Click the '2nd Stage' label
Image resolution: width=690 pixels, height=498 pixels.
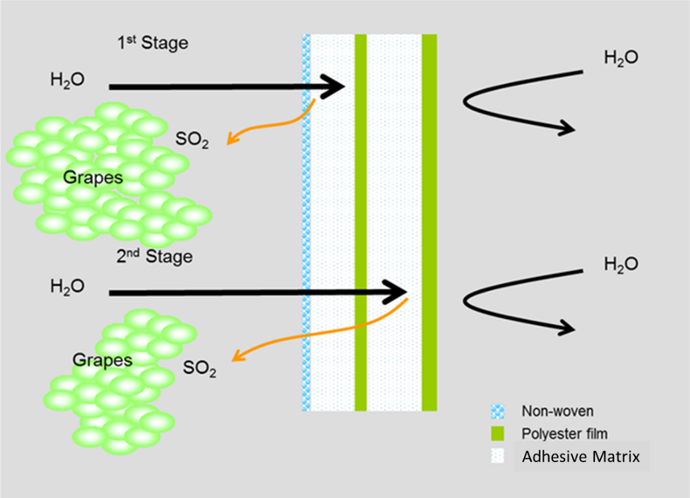(x=154, y=257)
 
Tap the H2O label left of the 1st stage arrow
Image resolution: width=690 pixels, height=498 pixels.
(x=67, y=81)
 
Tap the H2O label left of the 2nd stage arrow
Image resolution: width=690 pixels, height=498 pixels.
(x=67, y=287)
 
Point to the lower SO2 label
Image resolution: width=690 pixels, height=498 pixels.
(x=200, y=369)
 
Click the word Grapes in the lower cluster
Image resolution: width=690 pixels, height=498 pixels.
(x=103, y=360)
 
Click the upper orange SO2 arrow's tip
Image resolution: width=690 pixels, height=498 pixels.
(x=229, y=140)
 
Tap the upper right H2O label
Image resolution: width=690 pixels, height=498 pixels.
(x=621, y=59)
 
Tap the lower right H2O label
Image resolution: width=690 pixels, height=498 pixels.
(x=621, y=264)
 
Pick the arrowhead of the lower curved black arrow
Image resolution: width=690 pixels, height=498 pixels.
(x=567, y=328)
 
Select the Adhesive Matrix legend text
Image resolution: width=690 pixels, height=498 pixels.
(x=580, y=456)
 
